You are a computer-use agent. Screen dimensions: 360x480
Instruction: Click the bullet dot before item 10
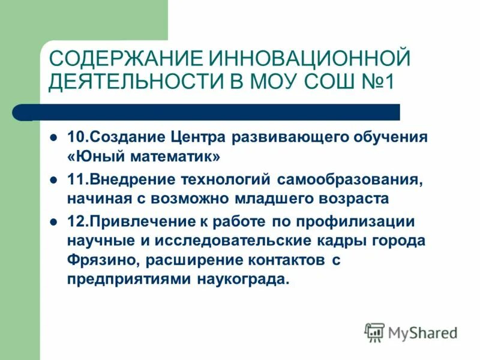[53, 137]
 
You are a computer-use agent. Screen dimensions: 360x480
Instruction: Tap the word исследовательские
[250, 241]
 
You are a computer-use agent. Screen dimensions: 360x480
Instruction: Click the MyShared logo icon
[375, 332]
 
